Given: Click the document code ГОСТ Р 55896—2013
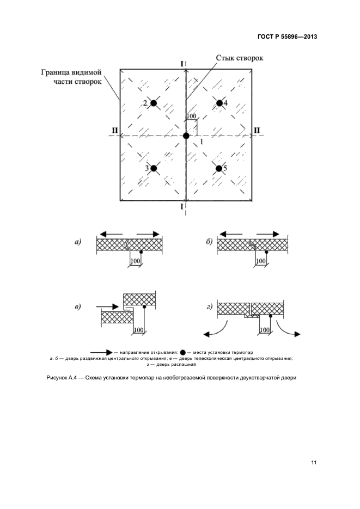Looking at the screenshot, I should [288, 38].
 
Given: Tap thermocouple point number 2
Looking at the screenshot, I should [154, 103].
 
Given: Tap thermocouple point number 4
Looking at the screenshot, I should [219, 103].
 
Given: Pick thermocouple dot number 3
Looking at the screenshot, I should [154, 169].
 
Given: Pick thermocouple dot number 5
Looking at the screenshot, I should [219, 169].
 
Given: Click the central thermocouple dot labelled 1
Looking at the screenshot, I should [186, 136].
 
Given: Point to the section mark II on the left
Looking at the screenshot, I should [114, 131].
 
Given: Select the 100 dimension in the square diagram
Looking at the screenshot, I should [191, 116].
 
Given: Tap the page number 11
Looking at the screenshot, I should [313, 463].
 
